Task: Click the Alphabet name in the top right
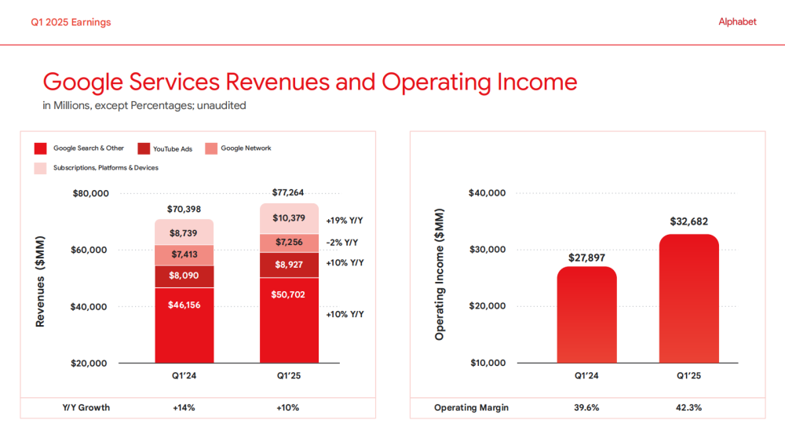point(737,22)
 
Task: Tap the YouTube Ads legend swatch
point(144,148)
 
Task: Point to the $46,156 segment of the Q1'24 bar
point(184,325)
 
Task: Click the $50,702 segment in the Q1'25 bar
point(289,320)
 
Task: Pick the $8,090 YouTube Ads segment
point(184,277)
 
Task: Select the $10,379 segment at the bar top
point(289,218)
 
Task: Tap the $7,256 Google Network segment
point(289,243)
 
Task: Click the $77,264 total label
point(289,192)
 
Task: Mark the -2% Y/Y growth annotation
point(342,243)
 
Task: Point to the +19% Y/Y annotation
point(345,221)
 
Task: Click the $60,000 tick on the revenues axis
point(90,250)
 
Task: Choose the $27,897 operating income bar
point(586,314)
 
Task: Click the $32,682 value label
point(688,222)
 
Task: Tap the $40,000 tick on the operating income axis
point(487,193)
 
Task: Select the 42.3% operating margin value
point(688,407)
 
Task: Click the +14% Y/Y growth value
point(184,407)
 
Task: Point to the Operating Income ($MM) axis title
point(440,275)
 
